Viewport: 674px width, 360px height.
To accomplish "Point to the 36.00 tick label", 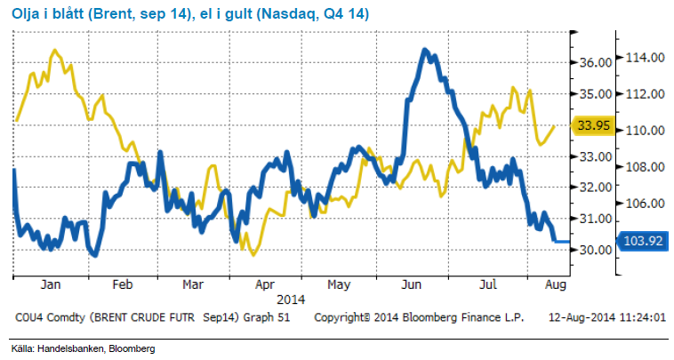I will pyautogui.click(x=594, y=62).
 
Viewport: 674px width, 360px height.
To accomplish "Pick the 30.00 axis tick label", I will pyautogui.click(x=594, y=250).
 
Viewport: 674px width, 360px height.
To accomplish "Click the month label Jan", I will pyautogui.click(x=50, y=285).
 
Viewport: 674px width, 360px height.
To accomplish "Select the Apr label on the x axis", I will pyautogui.click(x=265, y=285).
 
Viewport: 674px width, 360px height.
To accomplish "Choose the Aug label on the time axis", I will pyautogui.click(x=553, y=285).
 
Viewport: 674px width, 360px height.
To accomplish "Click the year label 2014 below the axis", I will pyautogui.click(x=291, y=300).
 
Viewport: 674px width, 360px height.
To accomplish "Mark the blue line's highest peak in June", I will pyautogui.click(x=426, y=49).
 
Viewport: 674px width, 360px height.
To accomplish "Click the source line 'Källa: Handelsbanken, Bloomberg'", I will pyautogui.click(x=71, y=348).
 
